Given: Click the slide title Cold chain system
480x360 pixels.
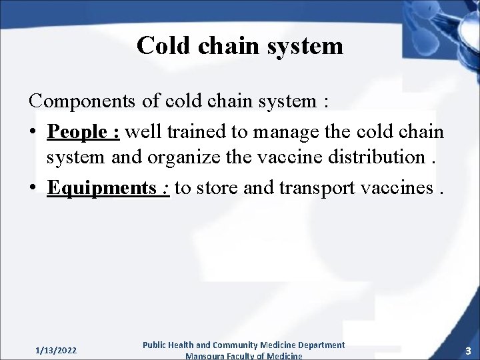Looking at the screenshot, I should coord(240,46).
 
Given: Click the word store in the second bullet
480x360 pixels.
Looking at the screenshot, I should coord(217,189).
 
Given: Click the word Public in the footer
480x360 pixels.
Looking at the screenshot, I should coord(157,345).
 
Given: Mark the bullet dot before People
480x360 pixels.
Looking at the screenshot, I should coord(33,133).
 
